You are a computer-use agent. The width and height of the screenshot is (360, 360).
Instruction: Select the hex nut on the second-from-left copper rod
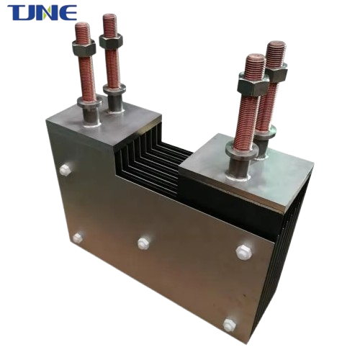point(111,40)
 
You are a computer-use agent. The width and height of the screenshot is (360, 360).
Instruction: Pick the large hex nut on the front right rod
point(253,84)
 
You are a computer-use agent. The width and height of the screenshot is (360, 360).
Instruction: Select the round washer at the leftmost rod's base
point(89,103)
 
